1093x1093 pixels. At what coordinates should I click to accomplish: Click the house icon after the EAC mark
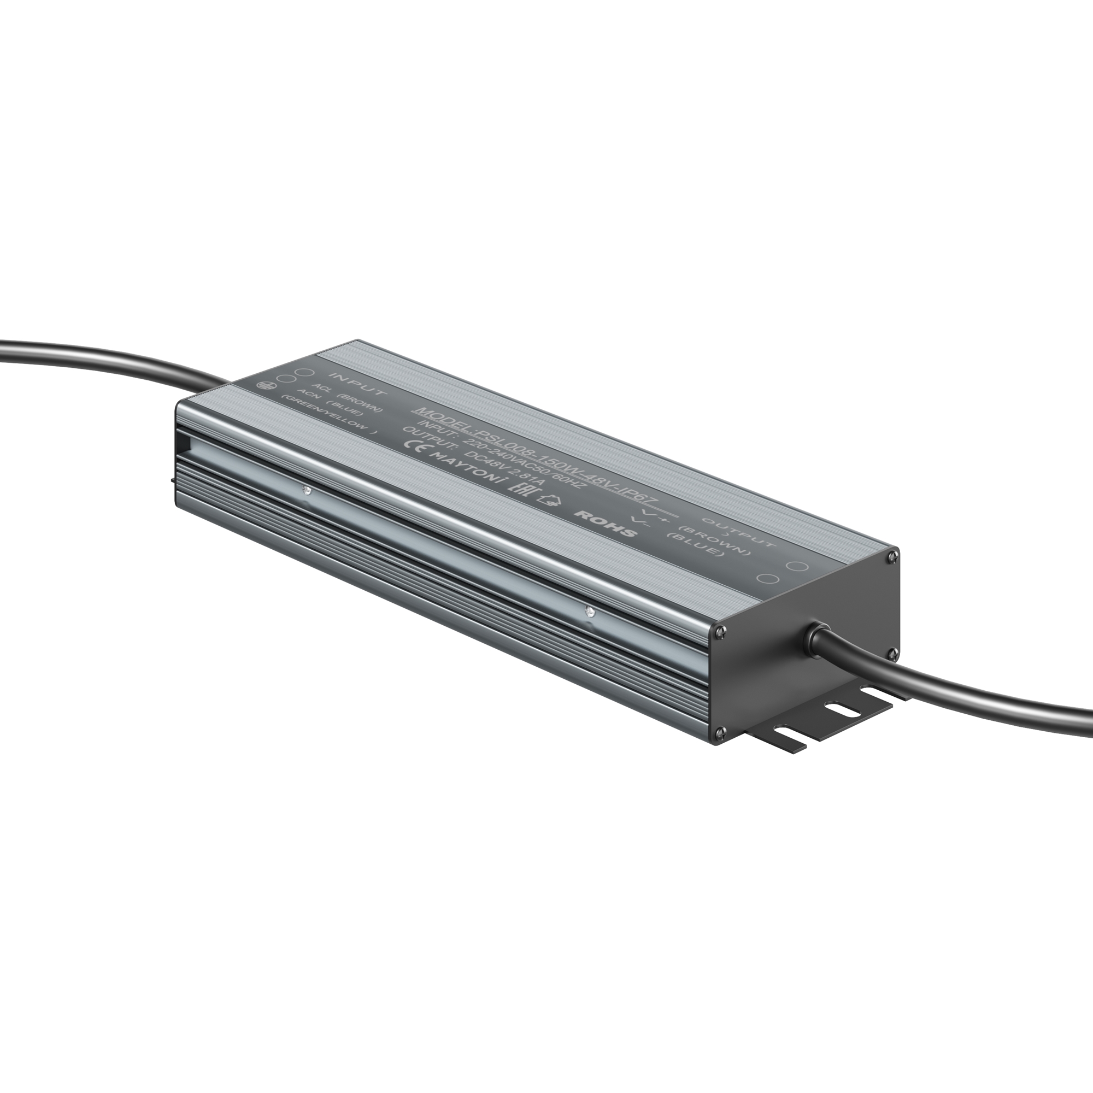click(547, 500)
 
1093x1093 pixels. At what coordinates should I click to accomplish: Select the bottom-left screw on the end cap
click(720, 733)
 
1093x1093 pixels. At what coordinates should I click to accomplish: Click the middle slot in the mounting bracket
click(841, 708)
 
